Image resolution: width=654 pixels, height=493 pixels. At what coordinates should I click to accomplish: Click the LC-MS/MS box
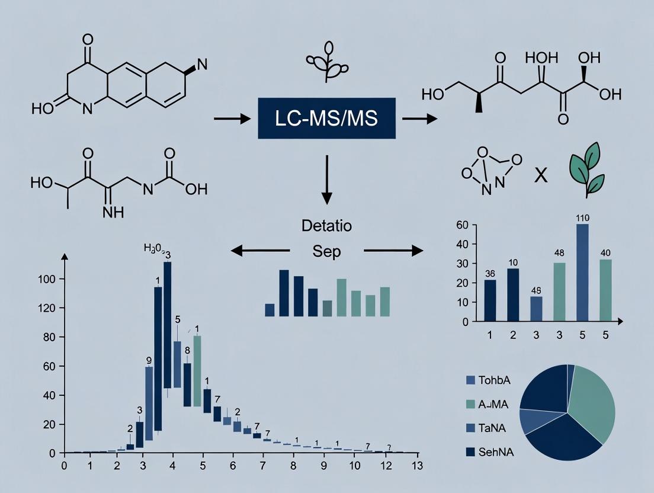click(x=326, y=119)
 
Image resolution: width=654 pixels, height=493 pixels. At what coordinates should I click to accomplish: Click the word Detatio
click(x=326, y=226)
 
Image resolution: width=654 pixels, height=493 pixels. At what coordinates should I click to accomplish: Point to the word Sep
click(x=326, y=251)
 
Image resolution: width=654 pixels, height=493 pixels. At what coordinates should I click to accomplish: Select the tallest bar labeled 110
click(x=582, y=273)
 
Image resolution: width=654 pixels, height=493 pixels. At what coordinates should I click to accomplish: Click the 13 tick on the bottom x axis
click(x=417, y=465)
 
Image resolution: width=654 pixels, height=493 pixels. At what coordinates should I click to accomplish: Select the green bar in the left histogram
click(x=197, y=370)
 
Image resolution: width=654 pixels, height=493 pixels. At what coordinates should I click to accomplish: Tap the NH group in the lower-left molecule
click(x=113, y=212)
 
